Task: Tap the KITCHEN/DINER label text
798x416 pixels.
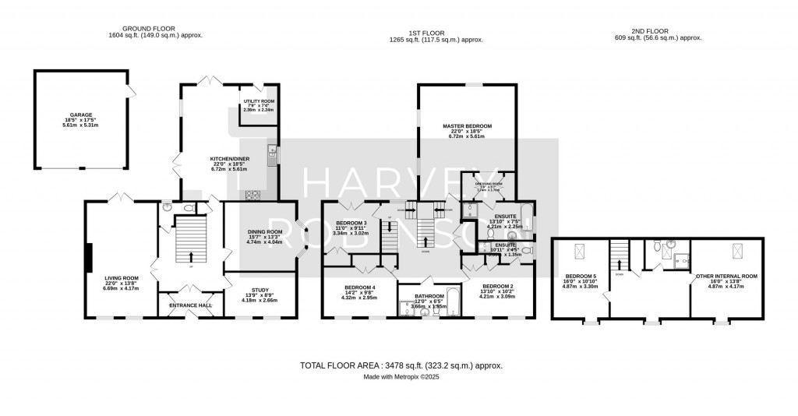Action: [x=228, y=159]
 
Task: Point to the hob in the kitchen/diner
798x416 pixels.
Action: [x=254, y=195]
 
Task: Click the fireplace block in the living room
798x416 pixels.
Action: [x=90, y=255]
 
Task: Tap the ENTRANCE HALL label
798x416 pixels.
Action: [x=191, y=305]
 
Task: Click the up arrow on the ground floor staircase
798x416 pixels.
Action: [x=191, y=256]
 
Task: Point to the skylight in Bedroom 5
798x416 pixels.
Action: [x=580, y=252]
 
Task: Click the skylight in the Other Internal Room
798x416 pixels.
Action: [x=737, y=252]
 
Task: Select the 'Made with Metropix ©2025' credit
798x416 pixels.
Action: [x=401, y=377]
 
